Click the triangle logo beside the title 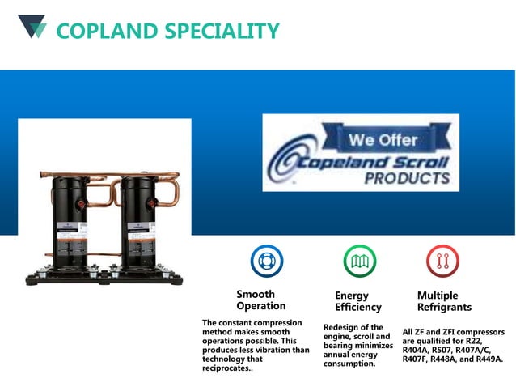pos(32,26)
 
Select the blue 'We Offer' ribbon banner pos(383,139)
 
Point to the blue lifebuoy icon pos(266,261)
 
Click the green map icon pos(359,261)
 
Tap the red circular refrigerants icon pos(442,261)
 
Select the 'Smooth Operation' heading pos(260,300)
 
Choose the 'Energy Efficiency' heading pos(357,301)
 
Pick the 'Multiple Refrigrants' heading pos(444,301)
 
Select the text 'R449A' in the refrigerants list pos(488,359)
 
